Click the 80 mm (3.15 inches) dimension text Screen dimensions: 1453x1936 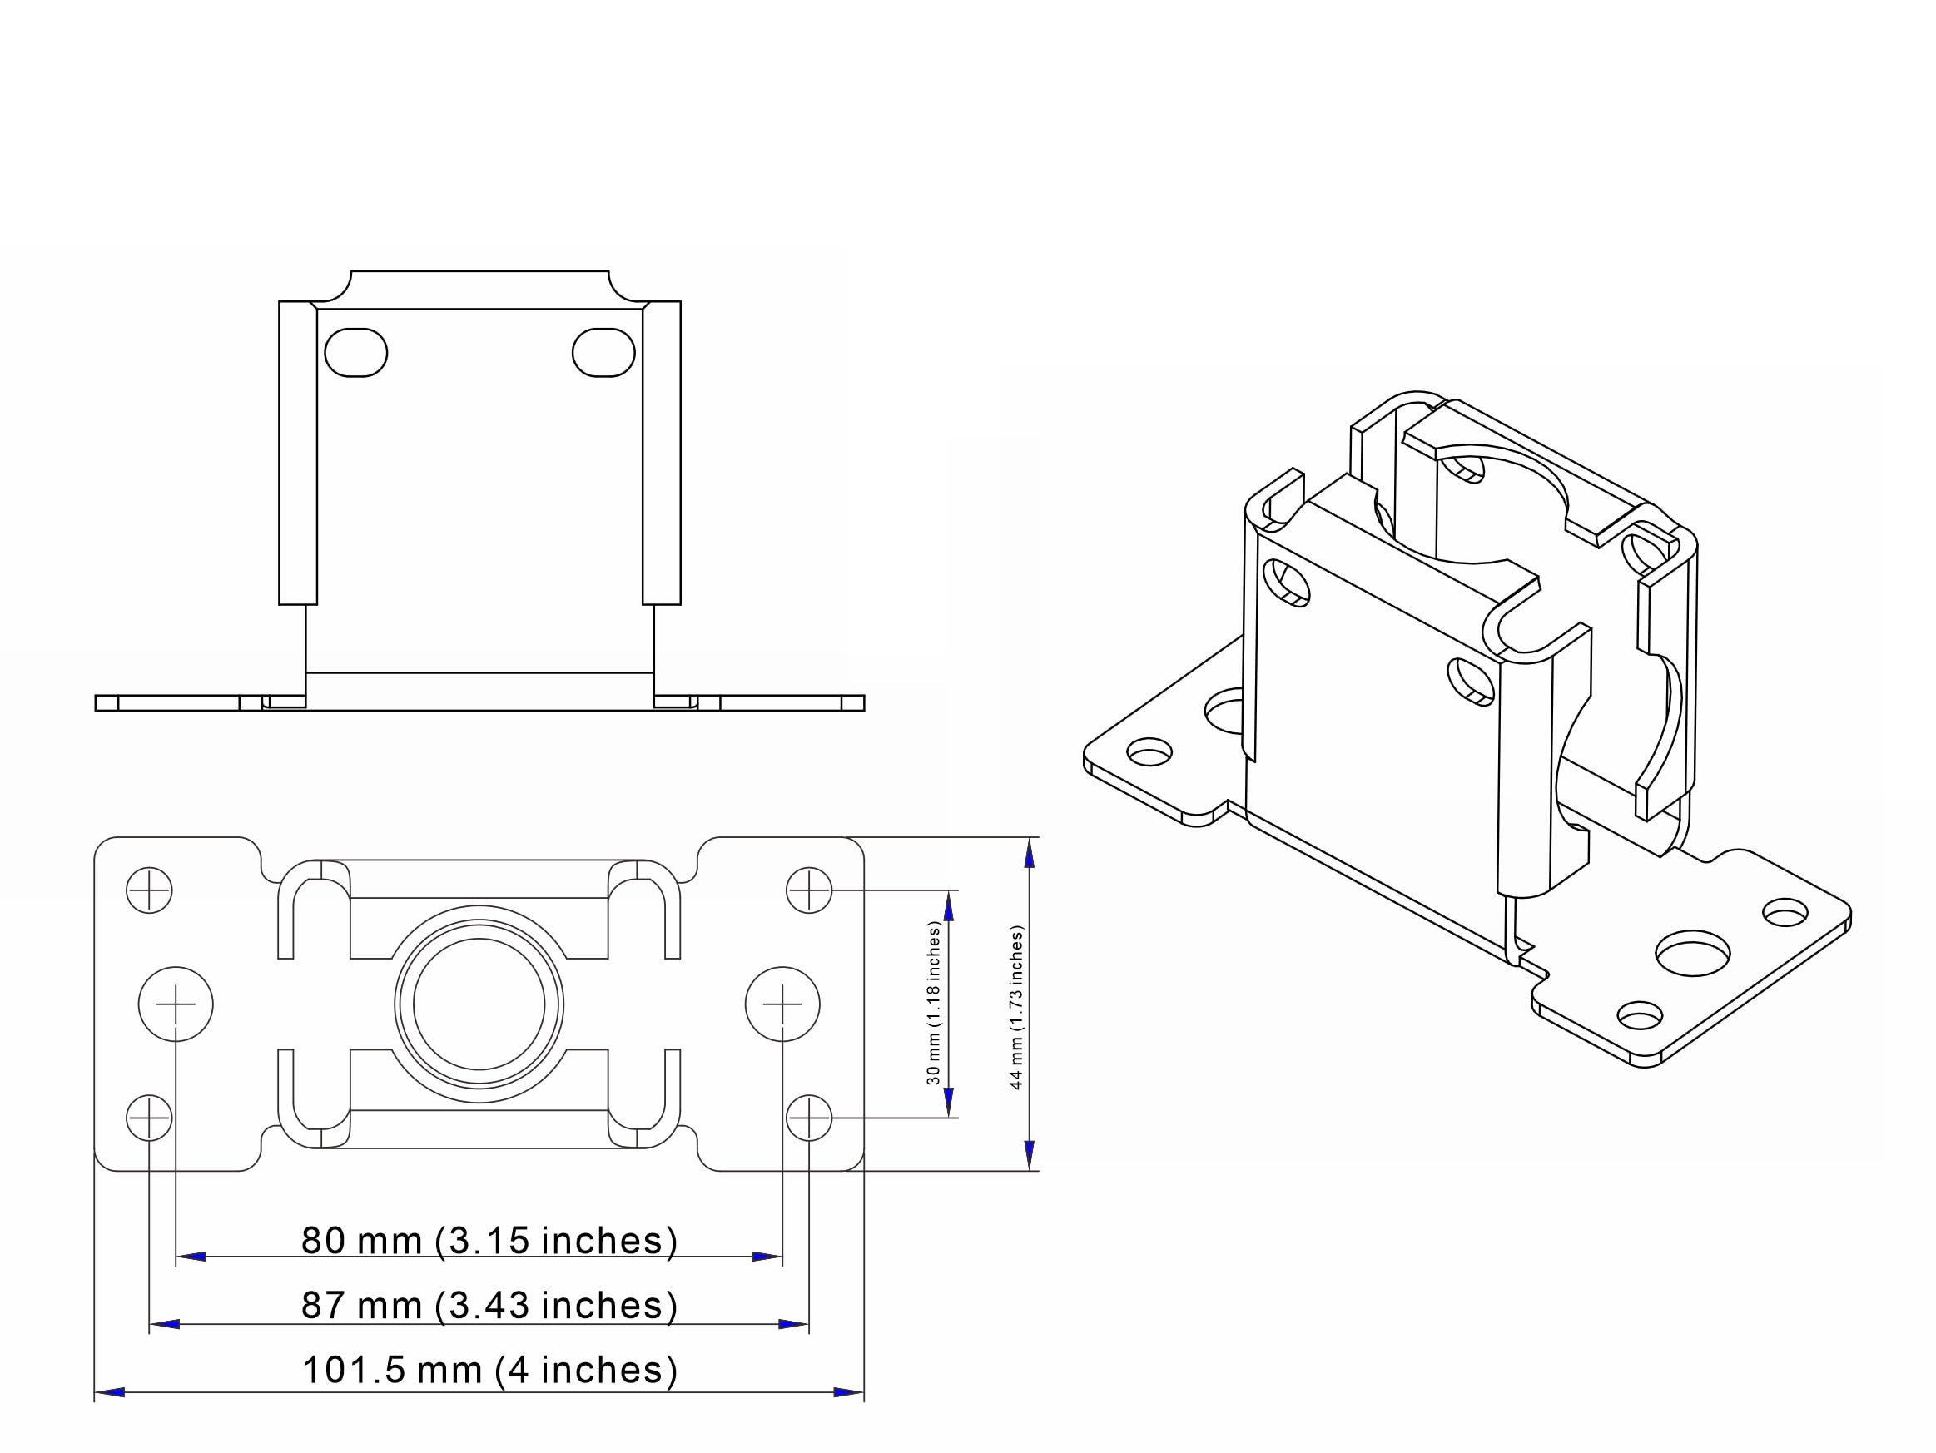point(489,1241)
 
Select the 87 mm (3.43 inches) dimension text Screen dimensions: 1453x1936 point(489,1306)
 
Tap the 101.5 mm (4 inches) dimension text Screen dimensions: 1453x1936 point(489,1371)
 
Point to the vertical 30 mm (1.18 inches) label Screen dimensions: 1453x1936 point(934,1003)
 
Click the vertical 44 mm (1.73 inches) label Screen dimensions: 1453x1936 point(1016,1007)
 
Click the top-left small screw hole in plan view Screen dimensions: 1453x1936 point(149,891)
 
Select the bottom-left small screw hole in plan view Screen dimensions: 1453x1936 point(149,1118)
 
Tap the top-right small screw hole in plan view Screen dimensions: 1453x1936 point(809,891)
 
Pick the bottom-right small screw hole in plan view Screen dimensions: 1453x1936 point(809,1118)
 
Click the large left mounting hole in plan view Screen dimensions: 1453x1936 point(176,1004)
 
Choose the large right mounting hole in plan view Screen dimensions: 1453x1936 point(782,1004)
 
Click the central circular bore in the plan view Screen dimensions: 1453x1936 point(479,1004)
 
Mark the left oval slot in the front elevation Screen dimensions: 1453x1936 point(355,353)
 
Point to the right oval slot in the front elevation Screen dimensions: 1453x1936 point(603,353)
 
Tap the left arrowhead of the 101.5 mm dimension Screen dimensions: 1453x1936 point(108,1391)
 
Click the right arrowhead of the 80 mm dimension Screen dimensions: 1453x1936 point(767,1257)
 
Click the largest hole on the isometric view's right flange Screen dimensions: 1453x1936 point(1693,953)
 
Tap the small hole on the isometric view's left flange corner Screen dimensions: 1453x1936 point(1149,752)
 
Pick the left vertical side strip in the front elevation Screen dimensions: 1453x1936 point(298,453)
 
